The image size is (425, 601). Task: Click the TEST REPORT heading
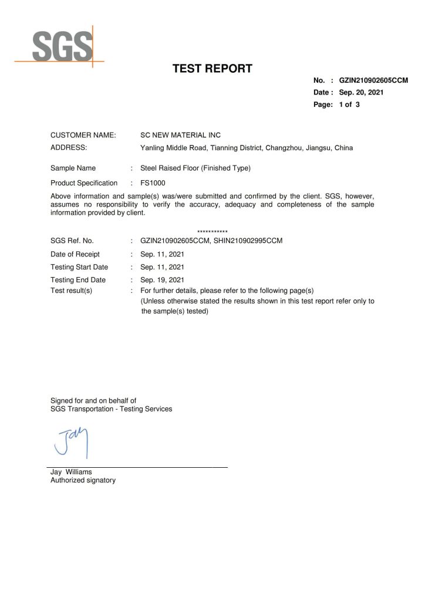pyautogui.click(x=212, y=69)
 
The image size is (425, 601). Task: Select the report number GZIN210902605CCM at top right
pyautogui.click(x=373, y=80)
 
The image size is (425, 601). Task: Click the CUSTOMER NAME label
pyautogui.click(x=83, y=136)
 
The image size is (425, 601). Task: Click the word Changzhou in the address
pyautogui.click(x=284, y=148)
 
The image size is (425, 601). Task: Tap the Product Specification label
pyautogui.click(x=85, y=183)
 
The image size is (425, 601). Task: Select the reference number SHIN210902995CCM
pyautogui.click(x=249, y=241)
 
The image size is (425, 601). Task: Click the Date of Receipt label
pyautogui.click(x=75, y=254)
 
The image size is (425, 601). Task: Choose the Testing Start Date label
pyautogui.click(x=79, y=267)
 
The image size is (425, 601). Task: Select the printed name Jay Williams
pyautogui.click(x=71, y=471)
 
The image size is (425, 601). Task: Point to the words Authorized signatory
pyautogui.click(x=83, y=480)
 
